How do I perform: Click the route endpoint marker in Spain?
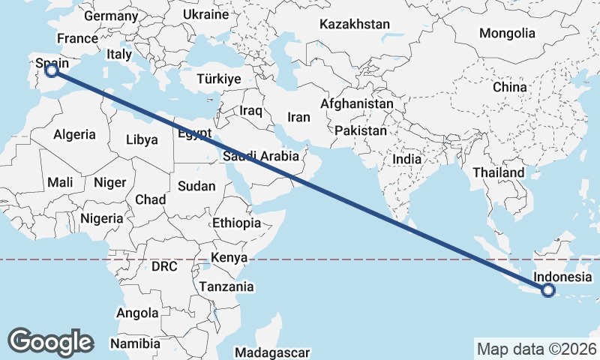point(52,70)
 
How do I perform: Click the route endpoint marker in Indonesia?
point(548,290)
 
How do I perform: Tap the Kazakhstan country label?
point(354,24)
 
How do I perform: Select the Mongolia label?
point(508,33)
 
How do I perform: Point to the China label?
point(510,87)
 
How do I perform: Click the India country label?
point(407,159)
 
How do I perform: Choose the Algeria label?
point(74,135)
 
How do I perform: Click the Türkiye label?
point(218,79)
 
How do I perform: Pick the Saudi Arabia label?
point(260,157)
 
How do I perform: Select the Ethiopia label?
point(236,223)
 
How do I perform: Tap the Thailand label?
point(498,172)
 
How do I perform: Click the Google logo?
point(50,341)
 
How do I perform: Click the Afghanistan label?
point(357,103)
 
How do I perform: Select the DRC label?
point(163,266)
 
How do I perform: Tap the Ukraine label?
point(205,14)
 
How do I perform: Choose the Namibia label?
point(135,343)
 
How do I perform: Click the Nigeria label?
point(100,218)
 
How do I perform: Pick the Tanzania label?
point(226,286)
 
